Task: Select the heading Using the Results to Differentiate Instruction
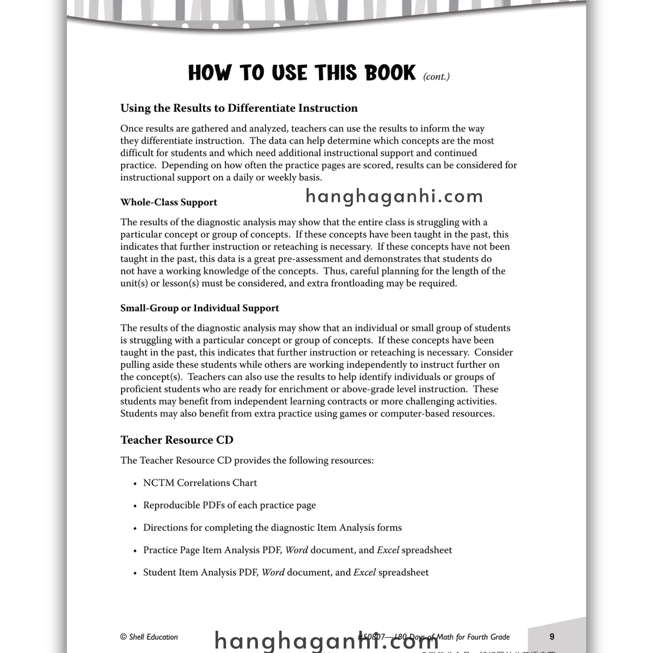pos(239,108)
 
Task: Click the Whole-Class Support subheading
pos(169,202)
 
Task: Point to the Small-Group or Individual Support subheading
pos(199,308)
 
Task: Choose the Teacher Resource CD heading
pos(177,440)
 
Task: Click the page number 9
pos(552,636)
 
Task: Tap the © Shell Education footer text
pos(149,637)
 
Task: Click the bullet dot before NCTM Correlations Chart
pos(135,484)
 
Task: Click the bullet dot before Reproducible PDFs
pos(135,506)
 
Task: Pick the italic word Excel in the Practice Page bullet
pos(388,550)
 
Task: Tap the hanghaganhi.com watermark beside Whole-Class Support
pos(394,196)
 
